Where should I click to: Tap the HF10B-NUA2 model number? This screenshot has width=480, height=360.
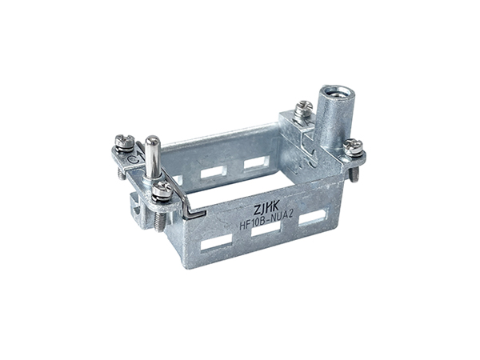click(266, 221)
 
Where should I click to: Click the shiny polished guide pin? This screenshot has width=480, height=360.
click(153, 157)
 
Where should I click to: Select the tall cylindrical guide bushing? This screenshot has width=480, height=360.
click(334, 120)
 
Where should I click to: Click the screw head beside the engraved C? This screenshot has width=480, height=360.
click(125, 142)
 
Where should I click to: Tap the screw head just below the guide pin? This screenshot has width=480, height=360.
click(162, 190)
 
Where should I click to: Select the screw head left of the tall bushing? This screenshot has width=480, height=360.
click(303, 108)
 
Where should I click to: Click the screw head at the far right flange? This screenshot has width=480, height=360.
click(353, 146)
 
